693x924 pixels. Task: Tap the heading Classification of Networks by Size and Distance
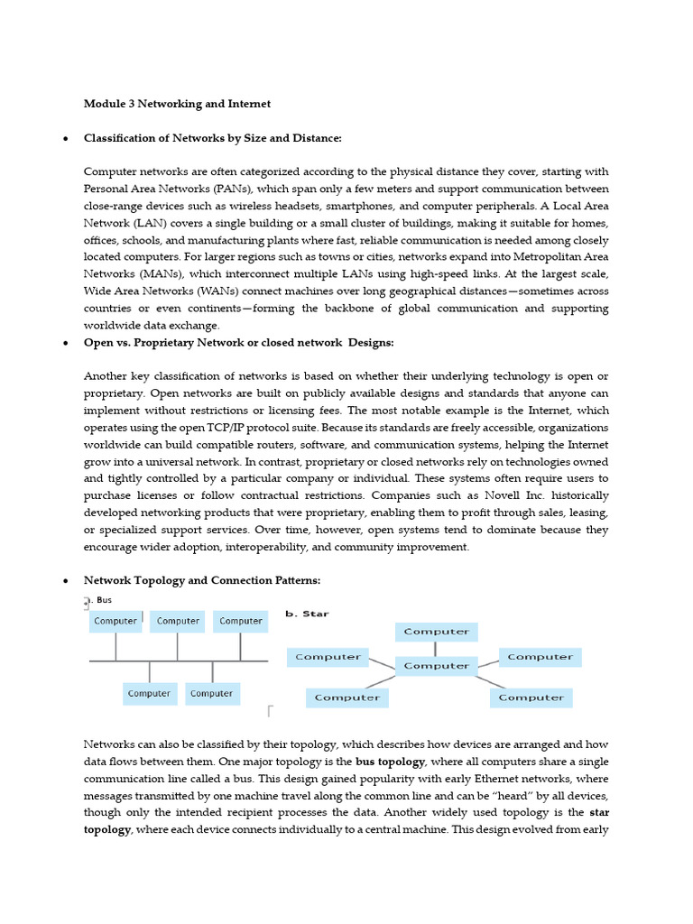[x=213, y=138]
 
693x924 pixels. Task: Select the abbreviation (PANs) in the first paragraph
[x=247, y=189]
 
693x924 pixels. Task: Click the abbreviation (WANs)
[x=233, y=291]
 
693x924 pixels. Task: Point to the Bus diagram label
[x=103, y=599]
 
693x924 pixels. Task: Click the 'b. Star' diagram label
[x=307, y=614]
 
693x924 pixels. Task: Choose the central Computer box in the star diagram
[x=437, y=666]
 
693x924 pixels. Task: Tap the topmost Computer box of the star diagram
[x=437, y=632]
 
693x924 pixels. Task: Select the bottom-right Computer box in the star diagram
[x=531, y=698]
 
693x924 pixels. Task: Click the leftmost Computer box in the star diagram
[x=328, y=657]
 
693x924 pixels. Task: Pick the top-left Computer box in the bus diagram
[x=115, y=621]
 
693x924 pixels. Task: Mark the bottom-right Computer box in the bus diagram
[x=212, y=694]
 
